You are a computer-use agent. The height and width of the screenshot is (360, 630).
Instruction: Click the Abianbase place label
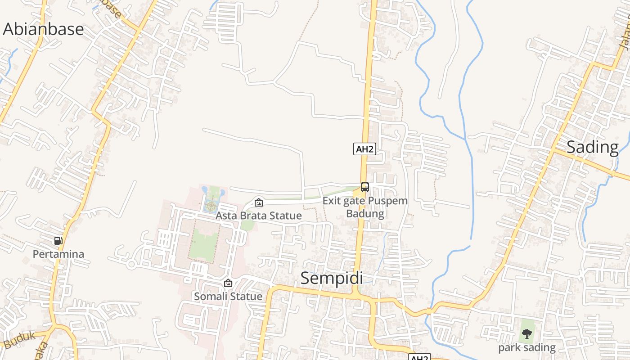pyautogui.click(x=43, y=29)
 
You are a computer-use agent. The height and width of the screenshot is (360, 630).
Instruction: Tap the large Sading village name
pyautogui.click(x=592, y=147)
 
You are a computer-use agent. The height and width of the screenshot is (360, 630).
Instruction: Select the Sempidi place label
pyautogui.click(x=332, y=278)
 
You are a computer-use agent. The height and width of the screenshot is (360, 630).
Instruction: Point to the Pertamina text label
pyautogui.click(x=58, y=254)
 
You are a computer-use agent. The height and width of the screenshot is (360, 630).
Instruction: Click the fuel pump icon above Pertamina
pyautogui.click(x=58, y=241)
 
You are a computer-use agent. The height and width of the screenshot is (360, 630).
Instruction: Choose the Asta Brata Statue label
pyautogui.click(x=258, y=216)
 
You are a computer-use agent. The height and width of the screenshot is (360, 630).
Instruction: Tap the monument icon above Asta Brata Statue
pyautogui.click(x=259, y=202)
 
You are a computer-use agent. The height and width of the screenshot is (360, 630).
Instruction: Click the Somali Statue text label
pyautogui.click(x=228, y=297)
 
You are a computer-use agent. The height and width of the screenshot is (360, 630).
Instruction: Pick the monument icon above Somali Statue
pyautogui.click(x=228, y=283)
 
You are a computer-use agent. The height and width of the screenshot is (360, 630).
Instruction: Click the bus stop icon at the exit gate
pyautogui.click(x=365, y=187)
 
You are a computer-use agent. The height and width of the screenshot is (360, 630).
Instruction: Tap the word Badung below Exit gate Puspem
pyautogui.click(x=365, y=213)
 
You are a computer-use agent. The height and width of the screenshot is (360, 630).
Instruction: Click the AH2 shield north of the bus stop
pyautogui.click(x=364, y=149)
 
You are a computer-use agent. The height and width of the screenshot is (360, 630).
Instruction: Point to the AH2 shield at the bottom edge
pyautogui.click(x=419, y=357)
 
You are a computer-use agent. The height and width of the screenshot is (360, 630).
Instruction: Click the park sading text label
pyautogui.click(x=526, y=348)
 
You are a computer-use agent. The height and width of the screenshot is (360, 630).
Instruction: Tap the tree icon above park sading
pyautogui.click(x=526, y=334)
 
